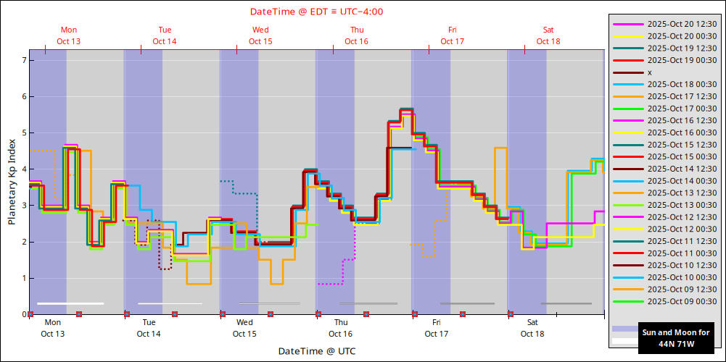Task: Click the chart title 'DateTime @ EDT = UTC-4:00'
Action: pos(316,12)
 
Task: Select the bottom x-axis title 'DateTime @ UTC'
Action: pos(316,351)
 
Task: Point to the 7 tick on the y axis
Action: pos(23,60)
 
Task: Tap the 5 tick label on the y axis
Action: pos(23,133)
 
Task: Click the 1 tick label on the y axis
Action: pos(23,278)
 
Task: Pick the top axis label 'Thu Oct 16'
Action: pos(356,35)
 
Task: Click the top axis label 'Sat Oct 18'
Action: pos(548,35)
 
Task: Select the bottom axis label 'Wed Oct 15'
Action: pos(244,328)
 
